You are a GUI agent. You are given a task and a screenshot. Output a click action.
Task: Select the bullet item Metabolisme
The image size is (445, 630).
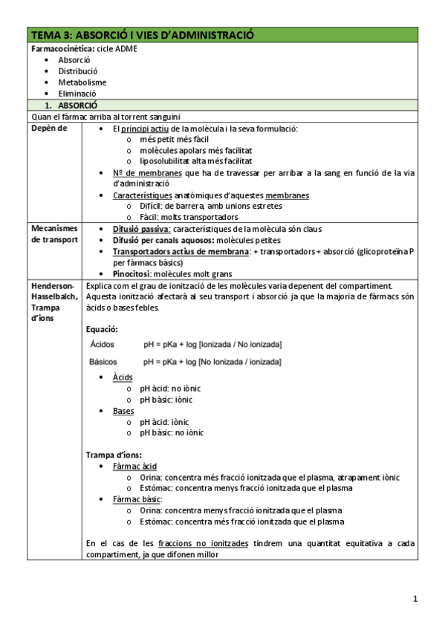[82, 82]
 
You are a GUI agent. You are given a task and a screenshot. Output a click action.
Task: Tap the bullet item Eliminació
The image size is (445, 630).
[77, 94]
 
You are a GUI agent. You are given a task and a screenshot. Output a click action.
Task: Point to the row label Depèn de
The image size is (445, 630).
[48, 129]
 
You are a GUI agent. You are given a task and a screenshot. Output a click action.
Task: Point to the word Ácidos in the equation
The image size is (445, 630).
[103, 344]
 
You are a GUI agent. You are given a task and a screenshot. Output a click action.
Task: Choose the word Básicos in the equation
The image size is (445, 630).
[104, 361]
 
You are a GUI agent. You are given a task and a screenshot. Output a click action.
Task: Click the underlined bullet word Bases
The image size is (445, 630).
[123, 410]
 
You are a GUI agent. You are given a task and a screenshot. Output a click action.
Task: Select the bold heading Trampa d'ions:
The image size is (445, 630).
[114, 455]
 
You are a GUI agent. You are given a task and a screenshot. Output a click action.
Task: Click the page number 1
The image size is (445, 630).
[416, 599]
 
